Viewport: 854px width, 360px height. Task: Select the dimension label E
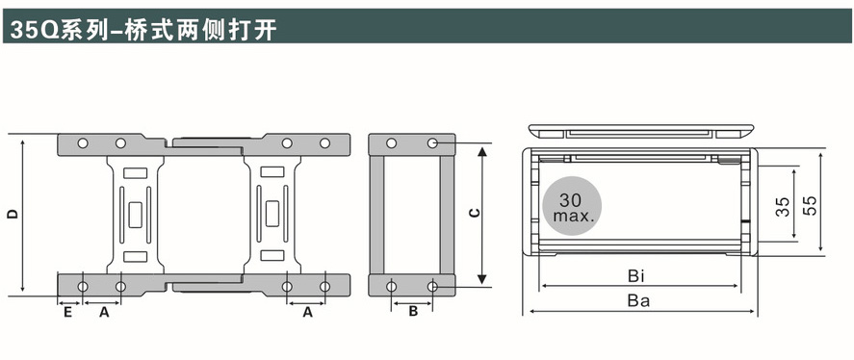[x=67, y=313]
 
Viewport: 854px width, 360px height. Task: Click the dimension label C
[x=475, y=213]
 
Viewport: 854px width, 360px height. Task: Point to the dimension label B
[x=413, y=312]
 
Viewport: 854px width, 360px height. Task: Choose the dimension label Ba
[x=639, y=300]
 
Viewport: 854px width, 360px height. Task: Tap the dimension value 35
[x=783, y=206]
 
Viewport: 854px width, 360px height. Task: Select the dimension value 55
[x=811, y=205]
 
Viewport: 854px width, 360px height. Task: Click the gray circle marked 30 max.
[x=572, y=206]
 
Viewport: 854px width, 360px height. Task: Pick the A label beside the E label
[x=103, y=313]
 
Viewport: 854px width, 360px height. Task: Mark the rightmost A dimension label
[x=307, y=313]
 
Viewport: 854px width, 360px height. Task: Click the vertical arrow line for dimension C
[x=482, y=215]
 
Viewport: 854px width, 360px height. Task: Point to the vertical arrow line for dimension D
[x=22, y=215]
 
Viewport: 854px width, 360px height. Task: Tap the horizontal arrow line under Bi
[x=640, y=285]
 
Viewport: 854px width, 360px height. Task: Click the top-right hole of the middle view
[x=432, y=143]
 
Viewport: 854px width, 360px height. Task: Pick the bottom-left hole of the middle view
[x=391, y=287]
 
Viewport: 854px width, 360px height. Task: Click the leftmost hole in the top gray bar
[x=83, y=143]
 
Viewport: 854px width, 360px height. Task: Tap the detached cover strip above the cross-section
[x=641, y=131]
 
